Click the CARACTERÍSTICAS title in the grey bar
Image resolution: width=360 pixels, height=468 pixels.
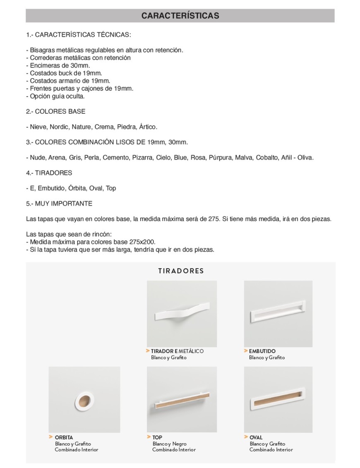click(x=180, y=16)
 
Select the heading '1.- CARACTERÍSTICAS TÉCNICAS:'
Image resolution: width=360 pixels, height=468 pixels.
click(x=78, y=34)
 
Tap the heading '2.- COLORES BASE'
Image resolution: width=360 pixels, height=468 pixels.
click(x=55, y=111)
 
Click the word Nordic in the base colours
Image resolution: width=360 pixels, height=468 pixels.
click(x=59, y=127)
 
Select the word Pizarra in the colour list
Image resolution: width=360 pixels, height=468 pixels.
click(x=142, y=157)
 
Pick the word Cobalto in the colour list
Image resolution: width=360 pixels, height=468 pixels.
click(x=266, y=157)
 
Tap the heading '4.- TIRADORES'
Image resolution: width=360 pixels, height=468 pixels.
click(x=49, y=173)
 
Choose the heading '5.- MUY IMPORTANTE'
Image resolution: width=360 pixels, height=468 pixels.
click(x=59, y=204)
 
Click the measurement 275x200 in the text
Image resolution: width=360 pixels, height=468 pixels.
click(x=142, y=242)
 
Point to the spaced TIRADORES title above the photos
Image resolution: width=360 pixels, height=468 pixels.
click(x=181, y=271)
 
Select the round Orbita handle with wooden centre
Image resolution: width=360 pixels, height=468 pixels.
click(x=84, y=400)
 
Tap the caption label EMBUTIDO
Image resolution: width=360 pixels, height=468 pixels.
click(x=262, y=351)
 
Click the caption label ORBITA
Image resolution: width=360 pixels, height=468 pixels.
click(x=64, y=437)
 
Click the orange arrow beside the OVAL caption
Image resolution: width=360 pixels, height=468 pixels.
click(x=246, y=437)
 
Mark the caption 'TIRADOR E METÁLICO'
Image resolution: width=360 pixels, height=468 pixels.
click(x=177, y=351)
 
